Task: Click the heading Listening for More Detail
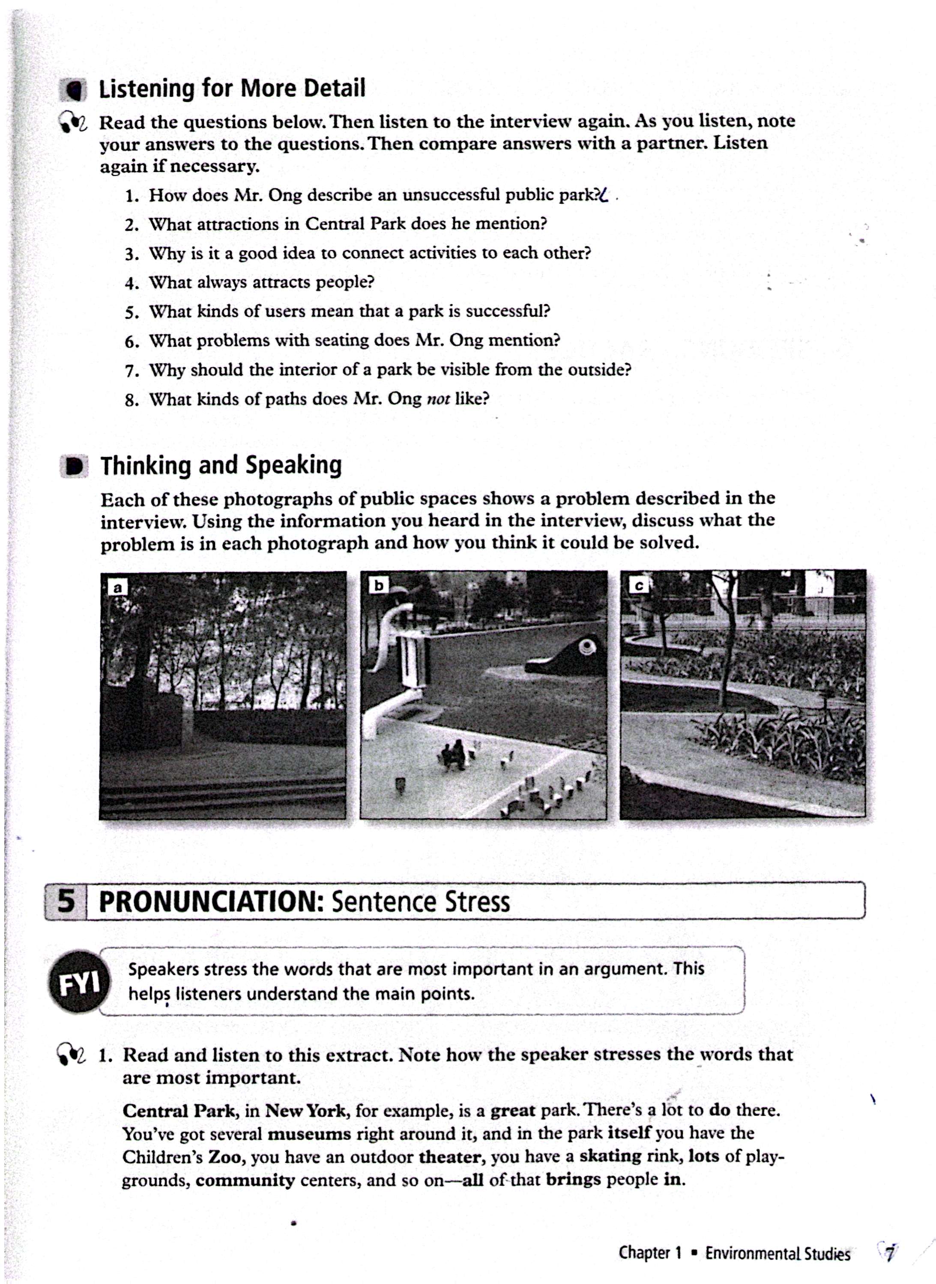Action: (x=232, y=89)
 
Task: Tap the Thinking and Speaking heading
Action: (x=221, y=465)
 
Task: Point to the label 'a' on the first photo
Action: (x=117, y=587)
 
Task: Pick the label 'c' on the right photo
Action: (x=639, y=586)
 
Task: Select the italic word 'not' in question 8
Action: (x=437, y=399)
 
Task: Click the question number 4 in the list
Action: (x=132, y=282)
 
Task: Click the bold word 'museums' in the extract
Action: (x=309, y=1134)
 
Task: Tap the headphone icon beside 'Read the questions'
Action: (x=72, y=122)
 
